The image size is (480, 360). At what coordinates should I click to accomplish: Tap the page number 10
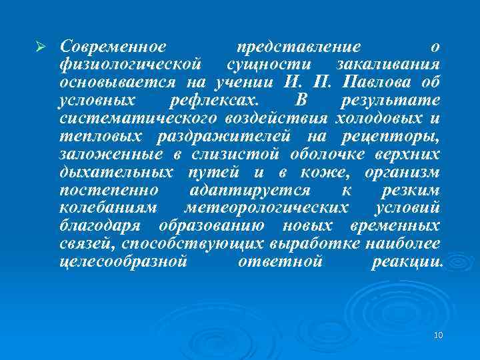[438, 335]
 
